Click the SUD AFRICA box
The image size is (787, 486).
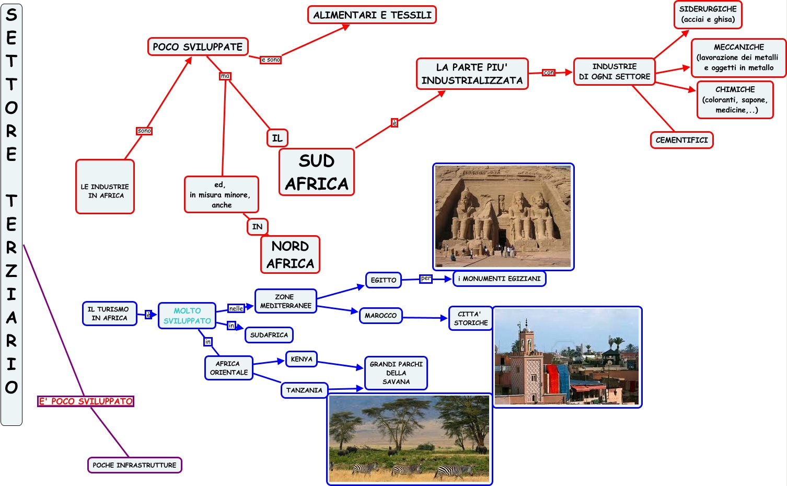tap(317, 172)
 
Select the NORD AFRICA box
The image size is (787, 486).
tap(290, 254)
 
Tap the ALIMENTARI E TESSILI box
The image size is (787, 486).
tap(372, 15)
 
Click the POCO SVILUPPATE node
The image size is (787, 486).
tap(198, 47)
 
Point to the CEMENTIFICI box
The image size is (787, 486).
tap(681, 140)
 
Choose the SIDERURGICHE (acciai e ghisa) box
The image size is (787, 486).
tap(708, 14)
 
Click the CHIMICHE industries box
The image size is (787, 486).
tap(735, 99)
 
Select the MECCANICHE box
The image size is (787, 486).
tap(738, 57)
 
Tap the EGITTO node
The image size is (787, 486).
tap(384, 280)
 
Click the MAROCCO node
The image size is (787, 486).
tap(380, 316)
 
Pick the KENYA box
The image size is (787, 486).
tap(302, 359)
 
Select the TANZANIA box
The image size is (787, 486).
tap(304, 390)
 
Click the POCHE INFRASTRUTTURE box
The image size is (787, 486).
tap(134, 465)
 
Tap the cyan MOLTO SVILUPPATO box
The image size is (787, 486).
tap(187, 316)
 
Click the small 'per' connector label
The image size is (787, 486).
tap(426, 279)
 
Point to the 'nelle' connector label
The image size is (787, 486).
tap(236, 308)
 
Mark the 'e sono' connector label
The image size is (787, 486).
tap(271, 60)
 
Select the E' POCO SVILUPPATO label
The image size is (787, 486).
tap(86, 401)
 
